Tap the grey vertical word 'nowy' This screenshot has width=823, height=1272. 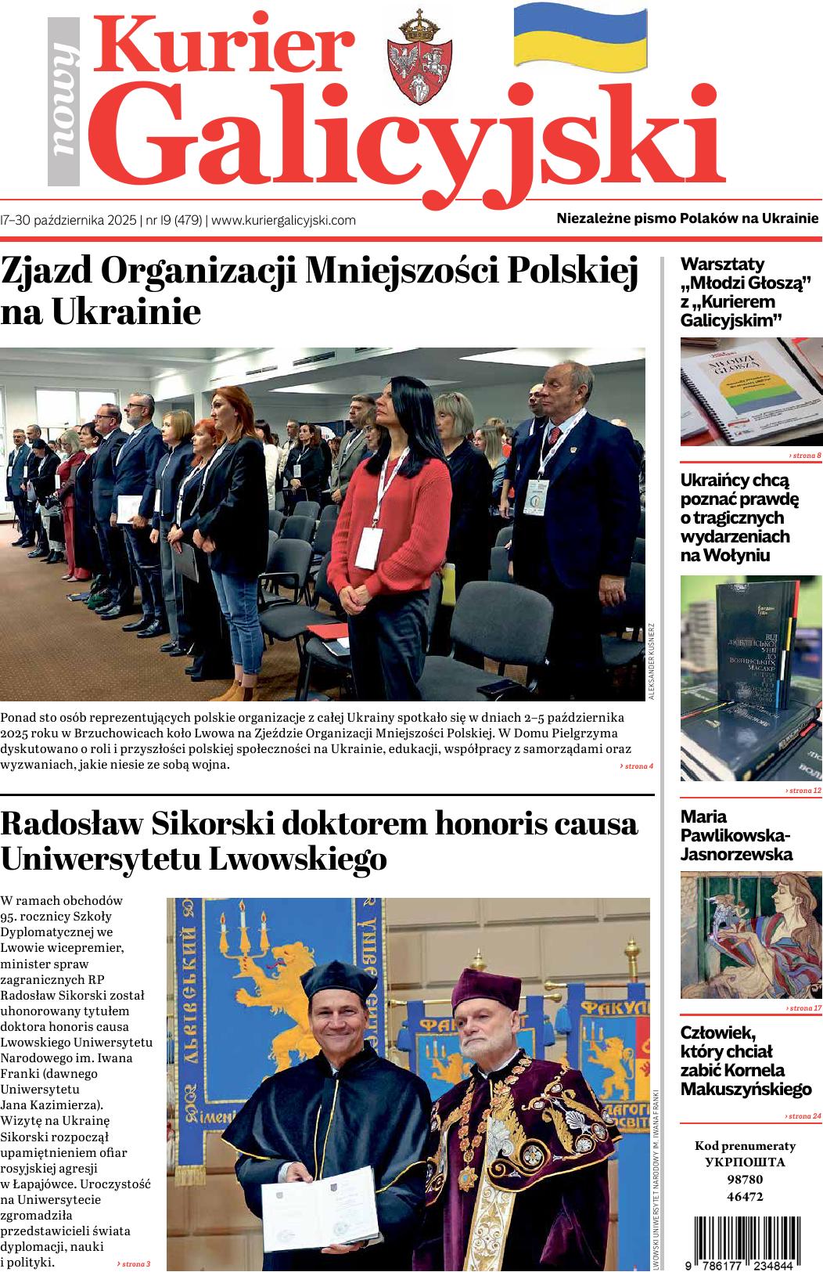(63, 103)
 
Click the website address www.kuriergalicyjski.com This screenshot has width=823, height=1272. (284, 221)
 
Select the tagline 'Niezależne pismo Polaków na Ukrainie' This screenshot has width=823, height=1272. (687, 218)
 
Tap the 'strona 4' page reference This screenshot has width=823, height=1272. (636, 766)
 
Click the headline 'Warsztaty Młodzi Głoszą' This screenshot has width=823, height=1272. (744, 292)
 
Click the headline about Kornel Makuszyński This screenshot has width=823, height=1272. (746, 1060)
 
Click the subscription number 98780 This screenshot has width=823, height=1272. (745, 1180)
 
